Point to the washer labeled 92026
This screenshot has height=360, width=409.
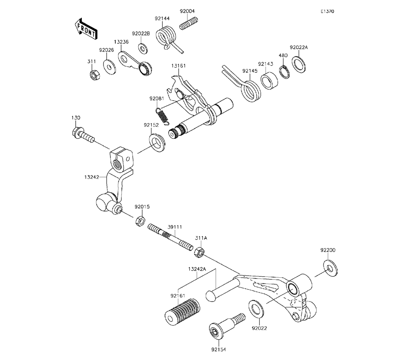point(109,66)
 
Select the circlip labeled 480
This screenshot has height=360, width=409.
point(283,71)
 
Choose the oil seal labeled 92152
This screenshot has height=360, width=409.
point(157,141)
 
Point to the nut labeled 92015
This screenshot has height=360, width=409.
point(139,222)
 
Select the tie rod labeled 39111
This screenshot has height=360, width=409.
point(170,237)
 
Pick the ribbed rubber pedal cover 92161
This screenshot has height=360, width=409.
point(182,313)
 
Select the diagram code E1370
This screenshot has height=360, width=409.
point(327,12)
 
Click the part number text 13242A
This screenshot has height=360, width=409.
point(197,270)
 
